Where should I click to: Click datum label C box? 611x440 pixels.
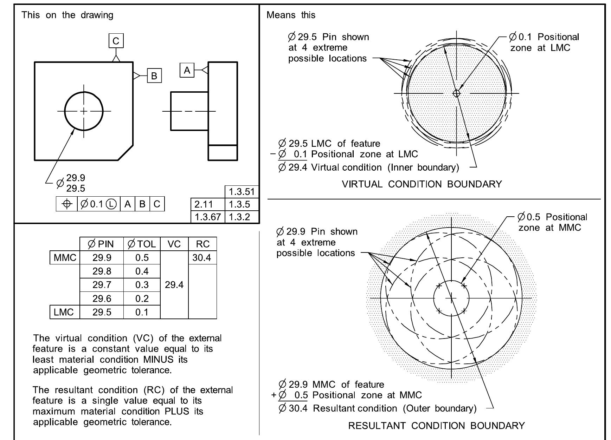116,41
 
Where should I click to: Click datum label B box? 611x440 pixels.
154,75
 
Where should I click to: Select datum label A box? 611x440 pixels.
187,70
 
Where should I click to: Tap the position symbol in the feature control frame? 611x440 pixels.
67,204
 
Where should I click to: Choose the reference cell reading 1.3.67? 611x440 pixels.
207,217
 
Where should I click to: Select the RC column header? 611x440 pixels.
202,244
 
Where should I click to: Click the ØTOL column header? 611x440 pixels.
142,244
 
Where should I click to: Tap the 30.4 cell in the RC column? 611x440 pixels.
202,258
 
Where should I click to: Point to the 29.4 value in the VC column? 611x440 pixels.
174,285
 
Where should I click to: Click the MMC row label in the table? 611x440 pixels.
65,258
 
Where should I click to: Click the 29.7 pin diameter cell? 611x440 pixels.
102,285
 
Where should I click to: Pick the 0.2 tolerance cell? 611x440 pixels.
142,298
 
